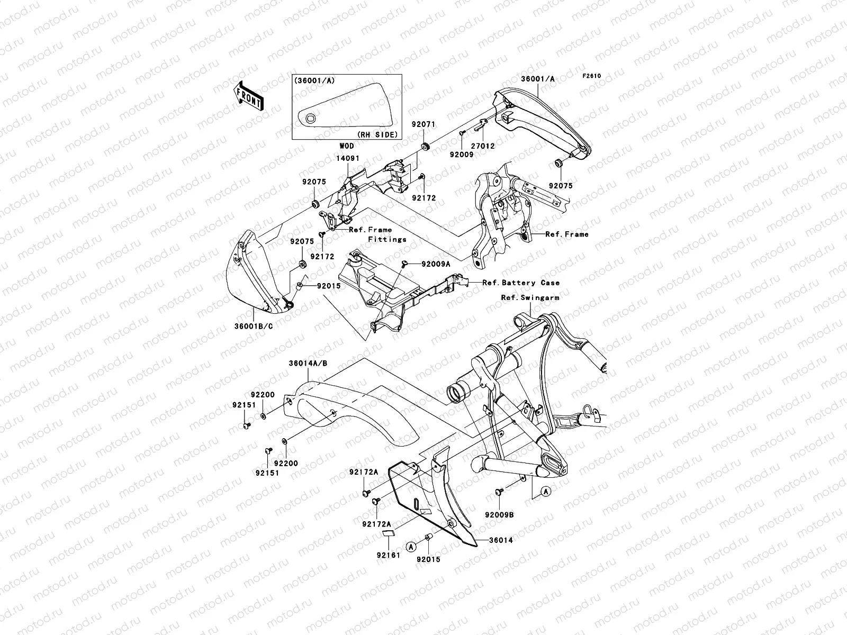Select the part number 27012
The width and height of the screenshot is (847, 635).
coord(483,146)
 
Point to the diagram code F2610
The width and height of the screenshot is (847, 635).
coord(592,76)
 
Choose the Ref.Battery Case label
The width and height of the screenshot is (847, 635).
coord(520,283)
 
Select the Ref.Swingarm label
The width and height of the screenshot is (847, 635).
coord(530,297)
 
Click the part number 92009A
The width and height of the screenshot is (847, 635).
coord(436,263)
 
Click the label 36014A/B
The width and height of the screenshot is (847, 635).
coord(309,364)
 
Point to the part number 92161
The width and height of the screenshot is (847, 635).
coord(388,556)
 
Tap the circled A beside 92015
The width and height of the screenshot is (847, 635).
coord(411,545)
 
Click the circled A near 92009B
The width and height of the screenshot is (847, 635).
coord(545,492)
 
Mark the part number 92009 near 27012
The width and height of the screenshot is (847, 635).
coord(462,155)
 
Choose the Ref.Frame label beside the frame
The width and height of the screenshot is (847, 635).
coord(566,234)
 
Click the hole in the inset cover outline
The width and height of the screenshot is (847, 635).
coord(311,117)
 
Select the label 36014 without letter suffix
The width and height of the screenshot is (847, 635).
coord(501,540)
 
